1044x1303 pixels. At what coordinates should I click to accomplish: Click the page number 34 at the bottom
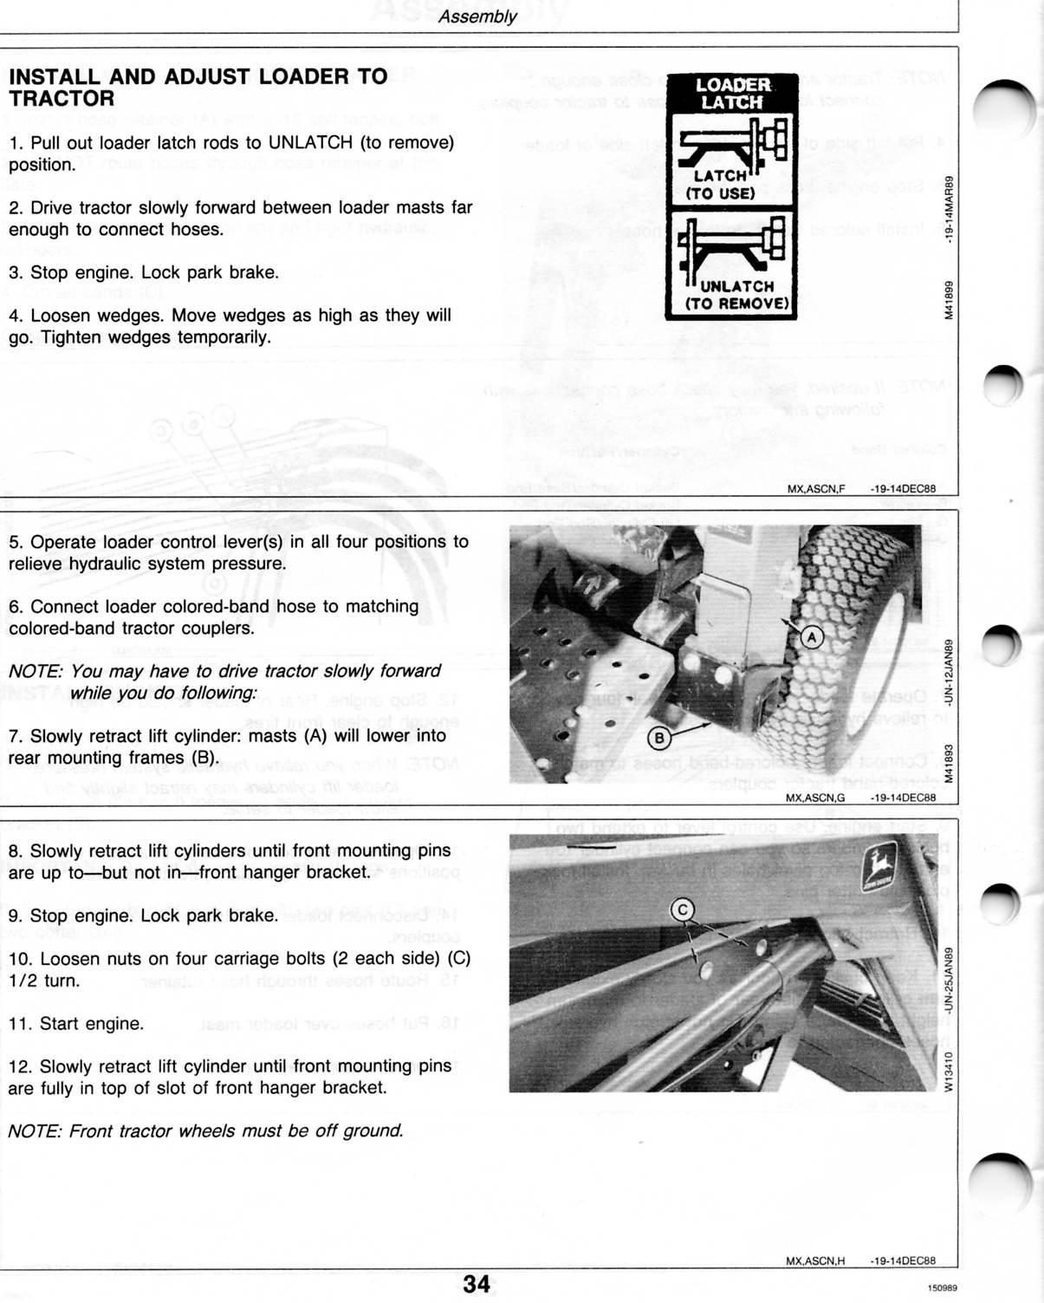(x=477, y=1284)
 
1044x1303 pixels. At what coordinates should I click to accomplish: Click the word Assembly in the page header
(x=477, y=16)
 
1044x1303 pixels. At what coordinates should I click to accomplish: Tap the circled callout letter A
(x=812, y=637)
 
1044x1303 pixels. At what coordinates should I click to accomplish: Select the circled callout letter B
(x=659, y=739)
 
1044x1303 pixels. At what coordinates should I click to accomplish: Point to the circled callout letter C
(x=683, y=909)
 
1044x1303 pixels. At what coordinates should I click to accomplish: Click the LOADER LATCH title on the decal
(x=733, y=94)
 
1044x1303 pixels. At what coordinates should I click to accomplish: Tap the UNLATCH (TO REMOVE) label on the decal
(x=737, y=295)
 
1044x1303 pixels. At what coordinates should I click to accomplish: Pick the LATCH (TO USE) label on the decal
(x=721, y=185)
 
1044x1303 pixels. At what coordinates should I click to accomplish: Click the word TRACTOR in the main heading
(x=62, y=99)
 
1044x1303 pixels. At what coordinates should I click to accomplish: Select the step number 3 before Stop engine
(x=14, y=272)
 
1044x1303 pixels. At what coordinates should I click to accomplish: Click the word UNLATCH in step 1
(x=310, y=142)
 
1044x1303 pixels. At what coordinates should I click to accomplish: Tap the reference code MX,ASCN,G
(x=815, y=798)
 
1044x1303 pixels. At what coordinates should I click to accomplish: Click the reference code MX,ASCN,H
(x=815, y=1261)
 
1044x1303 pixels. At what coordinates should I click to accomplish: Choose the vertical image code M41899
(x=950, y=300)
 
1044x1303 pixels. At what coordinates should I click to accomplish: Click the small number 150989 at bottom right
(x=942, y=1289)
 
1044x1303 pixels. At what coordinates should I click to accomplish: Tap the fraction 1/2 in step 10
(x=25, y=981)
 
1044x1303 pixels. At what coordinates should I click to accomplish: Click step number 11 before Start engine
(x=19, y=1024)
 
